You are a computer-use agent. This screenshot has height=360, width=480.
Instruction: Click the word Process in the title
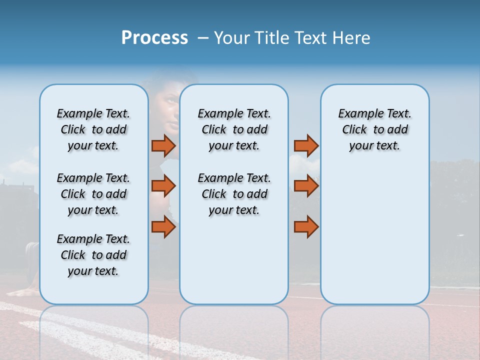tap(154, 38)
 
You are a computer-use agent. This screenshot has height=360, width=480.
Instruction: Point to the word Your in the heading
tap(232, 38)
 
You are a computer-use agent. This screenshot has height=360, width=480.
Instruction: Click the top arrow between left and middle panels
tap(163, 145)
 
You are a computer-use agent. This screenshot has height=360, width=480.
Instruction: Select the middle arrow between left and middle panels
tap(163, 186)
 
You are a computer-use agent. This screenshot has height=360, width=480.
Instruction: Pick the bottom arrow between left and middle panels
tap(163, 226)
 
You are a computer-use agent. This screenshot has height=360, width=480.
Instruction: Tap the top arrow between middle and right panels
tap(306, 145)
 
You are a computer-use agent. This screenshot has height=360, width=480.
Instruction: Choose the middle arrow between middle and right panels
tap(306, 186)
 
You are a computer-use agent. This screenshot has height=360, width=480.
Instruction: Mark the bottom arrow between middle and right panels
tap(306, 226)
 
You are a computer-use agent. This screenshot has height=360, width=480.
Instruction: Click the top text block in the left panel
tap(93, 129)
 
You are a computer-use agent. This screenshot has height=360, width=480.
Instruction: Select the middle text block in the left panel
tap(93, 194)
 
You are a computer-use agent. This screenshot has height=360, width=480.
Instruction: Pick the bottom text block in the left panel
tap(93, 255)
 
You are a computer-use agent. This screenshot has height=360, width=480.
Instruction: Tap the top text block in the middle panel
tap(234, 129)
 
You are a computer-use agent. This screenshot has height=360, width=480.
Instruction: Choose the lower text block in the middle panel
tap(234, 194)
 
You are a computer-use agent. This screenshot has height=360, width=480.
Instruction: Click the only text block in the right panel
tap(374, 129)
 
